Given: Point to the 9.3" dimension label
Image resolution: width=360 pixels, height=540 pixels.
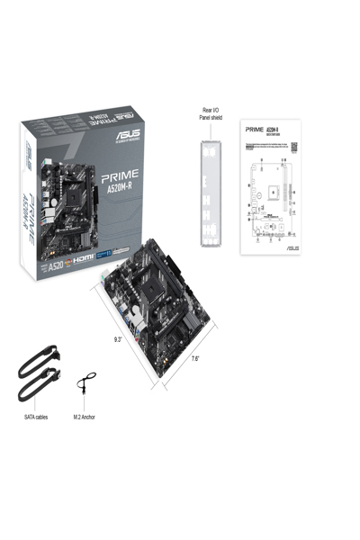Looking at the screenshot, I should tap(118, 339).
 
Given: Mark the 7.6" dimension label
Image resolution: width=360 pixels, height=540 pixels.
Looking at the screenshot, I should tap(195, 359).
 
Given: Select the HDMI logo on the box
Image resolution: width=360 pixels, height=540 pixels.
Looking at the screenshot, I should tap(84, 256).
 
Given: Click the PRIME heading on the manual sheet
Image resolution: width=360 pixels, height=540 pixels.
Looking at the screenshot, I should tap(256, 130).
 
